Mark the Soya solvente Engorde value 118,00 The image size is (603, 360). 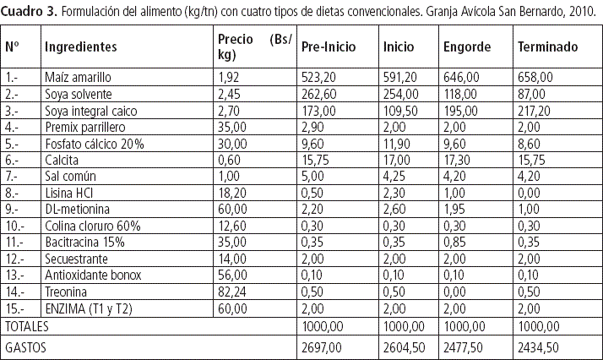461,94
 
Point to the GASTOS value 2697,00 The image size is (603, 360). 322,347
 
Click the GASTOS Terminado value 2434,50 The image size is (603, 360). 537,347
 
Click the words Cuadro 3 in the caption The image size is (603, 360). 28,13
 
